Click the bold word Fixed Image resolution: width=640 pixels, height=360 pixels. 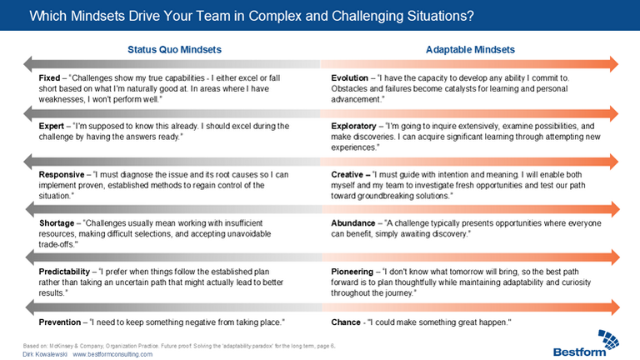point(49,78)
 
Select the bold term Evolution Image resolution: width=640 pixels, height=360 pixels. point(349,78)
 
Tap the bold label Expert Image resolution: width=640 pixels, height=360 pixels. point(52,126)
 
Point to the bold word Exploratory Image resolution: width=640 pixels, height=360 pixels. point(353,126)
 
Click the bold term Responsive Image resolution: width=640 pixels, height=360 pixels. point(62,175)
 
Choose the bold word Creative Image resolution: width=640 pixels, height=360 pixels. point(347,175)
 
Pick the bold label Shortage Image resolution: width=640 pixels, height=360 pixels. point(57,223)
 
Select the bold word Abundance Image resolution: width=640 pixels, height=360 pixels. point(353,223)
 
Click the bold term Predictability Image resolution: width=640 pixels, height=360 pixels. point(64,272)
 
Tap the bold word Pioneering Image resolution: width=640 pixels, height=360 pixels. point(352,272)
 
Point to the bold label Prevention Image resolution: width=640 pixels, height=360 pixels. point(60,322)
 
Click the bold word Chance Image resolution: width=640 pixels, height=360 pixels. point(346,322)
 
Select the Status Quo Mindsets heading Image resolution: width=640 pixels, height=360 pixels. point(175,50)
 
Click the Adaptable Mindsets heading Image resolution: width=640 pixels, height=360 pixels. point(470,50)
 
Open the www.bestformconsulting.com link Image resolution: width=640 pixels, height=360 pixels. point(112,354)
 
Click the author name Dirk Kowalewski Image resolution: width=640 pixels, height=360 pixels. point(45,354)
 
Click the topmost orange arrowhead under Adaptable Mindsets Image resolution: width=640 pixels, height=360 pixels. point(614,64)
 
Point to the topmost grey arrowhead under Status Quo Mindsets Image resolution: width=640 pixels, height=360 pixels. point(27,64)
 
